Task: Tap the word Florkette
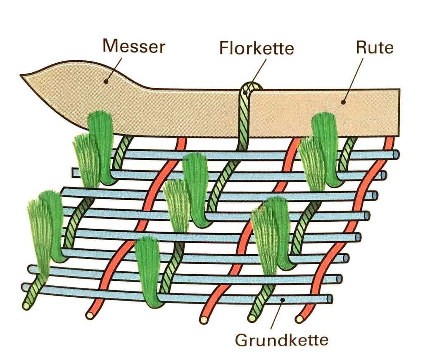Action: pos(256,49)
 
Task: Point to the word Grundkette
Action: pos(282,340)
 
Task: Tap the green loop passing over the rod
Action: pos(251,88)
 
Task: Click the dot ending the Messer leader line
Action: pos(106,82)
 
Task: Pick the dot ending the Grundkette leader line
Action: pos(281,300)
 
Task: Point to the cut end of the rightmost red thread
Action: pos(299,319)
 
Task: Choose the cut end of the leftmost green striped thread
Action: pos(26,306)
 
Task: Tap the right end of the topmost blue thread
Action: pos(397,155)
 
